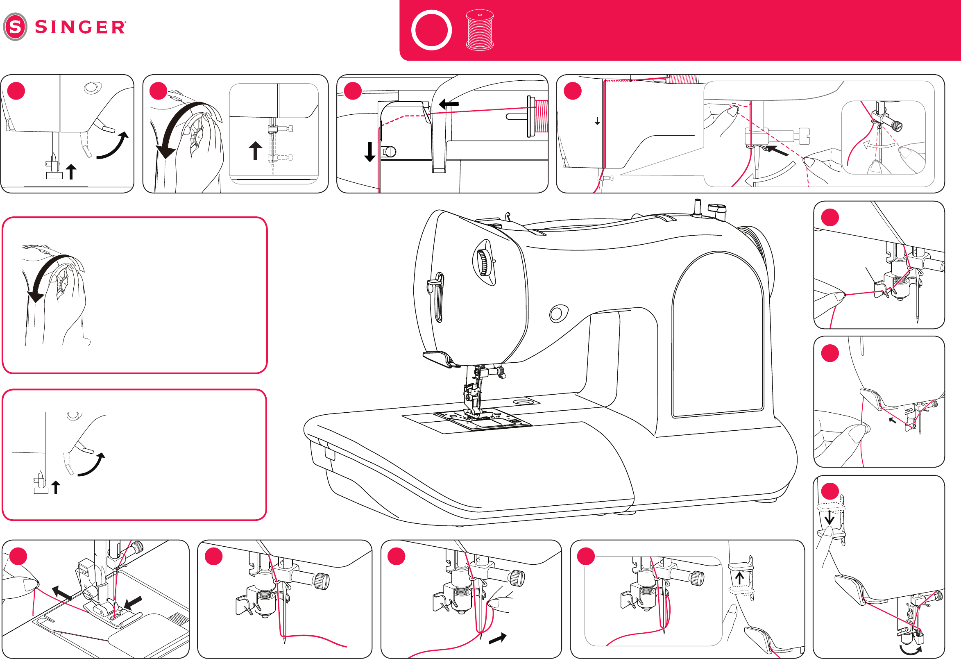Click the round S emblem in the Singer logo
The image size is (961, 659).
(15, 27)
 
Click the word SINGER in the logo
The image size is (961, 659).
(80, 27)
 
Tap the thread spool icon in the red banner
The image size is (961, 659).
(480, 30)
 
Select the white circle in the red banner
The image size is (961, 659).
(431, 30)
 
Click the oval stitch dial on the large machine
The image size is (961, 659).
(484, 262)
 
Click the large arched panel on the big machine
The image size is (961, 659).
(718, 335)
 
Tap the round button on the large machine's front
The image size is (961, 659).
(558, 314)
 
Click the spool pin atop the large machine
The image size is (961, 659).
(697, 207)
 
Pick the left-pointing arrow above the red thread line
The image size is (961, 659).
(448, 104)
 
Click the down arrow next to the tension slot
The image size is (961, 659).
(369, 151)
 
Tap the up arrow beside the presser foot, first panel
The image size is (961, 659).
(71, 171)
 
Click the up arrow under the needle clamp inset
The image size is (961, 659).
(256, 150)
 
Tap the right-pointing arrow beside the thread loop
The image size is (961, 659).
(497, 638)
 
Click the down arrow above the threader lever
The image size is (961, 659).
(830, 517)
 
